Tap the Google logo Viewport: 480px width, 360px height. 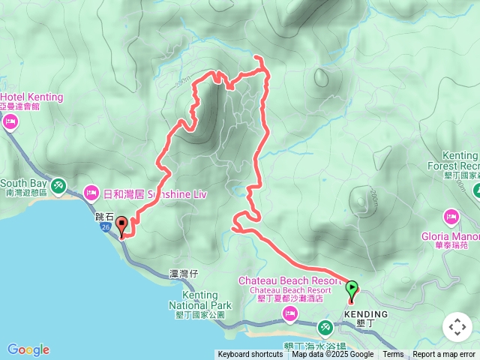pos(28,349)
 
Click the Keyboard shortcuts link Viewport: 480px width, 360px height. pos(250,355)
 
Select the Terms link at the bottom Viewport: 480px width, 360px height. pos(393,355)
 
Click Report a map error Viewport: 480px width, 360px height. pos(444,355)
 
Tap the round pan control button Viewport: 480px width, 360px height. pos(457,328)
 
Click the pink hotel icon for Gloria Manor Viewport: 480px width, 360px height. pos(451,218)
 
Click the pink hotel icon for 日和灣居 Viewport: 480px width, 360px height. pos(91,193)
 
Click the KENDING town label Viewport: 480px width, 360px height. pos(366,314)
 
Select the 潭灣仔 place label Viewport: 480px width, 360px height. pos(183,274)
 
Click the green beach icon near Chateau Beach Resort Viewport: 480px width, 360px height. pos(325,327)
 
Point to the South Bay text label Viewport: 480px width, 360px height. pos(24,183)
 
